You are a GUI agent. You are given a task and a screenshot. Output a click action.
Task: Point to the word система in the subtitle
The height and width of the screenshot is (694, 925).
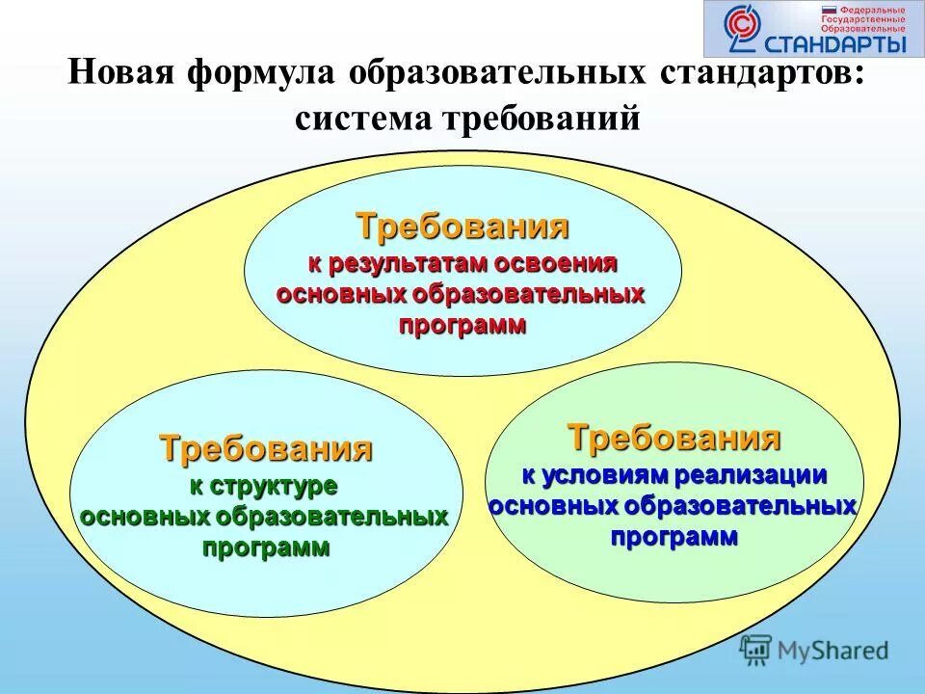361,120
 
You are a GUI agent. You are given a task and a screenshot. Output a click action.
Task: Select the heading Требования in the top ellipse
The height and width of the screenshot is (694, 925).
462,227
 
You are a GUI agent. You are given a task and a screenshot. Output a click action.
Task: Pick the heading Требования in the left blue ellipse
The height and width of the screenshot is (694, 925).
266,448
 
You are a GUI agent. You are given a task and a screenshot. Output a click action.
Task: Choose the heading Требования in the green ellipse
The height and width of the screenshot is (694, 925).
674,438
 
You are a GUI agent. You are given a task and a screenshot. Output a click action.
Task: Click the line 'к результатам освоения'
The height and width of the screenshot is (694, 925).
462,263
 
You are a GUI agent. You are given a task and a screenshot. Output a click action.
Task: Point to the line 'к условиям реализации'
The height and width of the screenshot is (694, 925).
674,475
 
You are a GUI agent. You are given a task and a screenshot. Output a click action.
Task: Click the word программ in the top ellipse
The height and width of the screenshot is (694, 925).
463,325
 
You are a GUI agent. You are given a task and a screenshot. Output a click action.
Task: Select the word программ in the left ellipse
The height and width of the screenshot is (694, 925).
266,547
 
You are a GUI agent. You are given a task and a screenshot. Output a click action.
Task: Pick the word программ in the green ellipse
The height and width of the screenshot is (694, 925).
674,536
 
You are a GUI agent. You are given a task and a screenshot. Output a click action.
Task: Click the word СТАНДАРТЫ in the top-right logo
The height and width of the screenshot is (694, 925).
834,43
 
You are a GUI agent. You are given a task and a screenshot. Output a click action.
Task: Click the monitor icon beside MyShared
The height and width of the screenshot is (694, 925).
756,650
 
